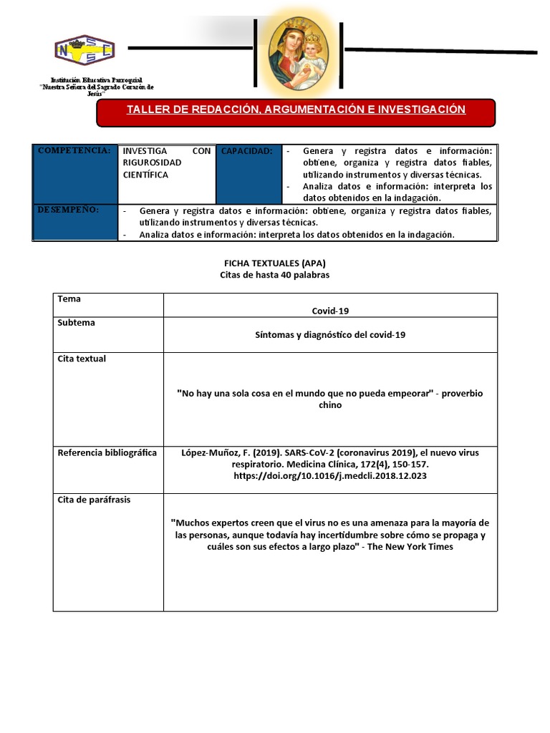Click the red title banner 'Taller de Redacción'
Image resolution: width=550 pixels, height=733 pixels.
pyautogui.click(x=296, y=110)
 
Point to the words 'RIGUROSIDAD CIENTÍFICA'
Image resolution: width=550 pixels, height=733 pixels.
pyautogui.click(x=152, y=169)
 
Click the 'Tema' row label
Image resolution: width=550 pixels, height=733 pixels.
pyautogui.click(x=69, y=299)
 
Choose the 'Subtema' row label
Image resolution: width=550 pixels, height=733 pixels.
pyautogui.click(x=76, y=323)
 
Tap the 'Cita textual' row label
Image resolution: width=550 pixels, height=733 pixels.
pyautogui.click(x=82, y=359)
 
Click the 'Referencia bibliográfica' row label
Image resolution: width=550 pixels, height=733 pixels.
pyautogui.click(x=107, y=452)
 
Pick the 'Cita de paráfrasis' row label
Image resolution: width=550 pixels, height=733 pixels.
pyautogui.click(x=93, y=500)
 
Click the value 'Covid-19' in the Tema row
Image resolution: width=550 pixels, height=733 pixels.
pyautogui.click(x=330, y=311)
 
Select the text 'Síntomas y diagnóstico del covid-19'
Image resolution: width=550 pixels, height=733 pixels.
pyautogui.click(x=330, y=335)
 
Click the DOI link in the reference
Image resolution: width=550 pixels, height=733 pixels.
pyautogui.click(x=330, y=475)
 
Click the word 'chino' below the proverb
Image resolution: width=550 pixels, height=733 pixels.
pyautogui.click(x=330, y=405)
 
